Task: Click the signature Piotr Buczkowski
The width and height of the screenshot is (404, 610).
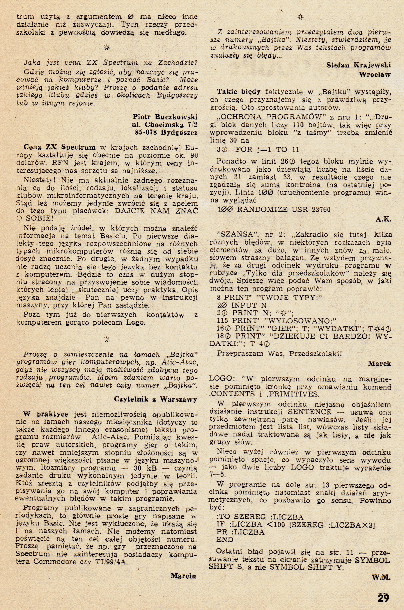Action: pos(165,116)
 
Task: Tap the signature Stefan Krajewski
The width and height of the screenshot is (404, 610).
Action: pos(358,65)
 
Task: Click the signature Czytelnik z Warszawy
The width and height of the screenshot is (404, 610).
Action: pos(156,399)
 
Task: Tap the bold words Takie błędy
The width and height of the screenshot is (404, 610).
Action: pos(239,92)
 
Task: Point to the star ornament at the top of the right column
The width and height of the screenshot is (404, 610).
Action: pos(300,17)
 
